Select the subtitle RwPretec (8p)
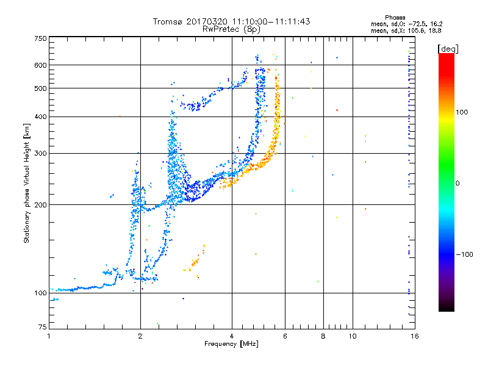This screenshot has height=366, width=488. [231, 29]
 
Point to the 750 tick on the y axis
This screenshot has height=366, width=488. [40, 38]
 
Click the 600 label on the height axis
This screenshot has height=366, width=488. [40, 65]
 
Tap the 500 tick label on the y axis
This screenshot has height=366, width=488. [40, 88]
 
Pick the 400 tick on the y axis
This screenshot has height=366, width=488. [40, 117]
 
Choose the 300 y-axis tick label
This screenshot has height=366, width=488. [40, 154]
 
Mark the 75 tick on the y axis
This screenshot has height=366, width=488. [41, 327]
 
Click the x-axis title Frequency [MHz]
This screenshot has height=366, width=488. [231, 344]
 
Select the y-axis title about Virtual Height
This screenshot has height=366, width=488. [27, 183]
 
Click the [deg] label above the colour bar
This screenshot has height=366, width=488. [448, 48]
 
